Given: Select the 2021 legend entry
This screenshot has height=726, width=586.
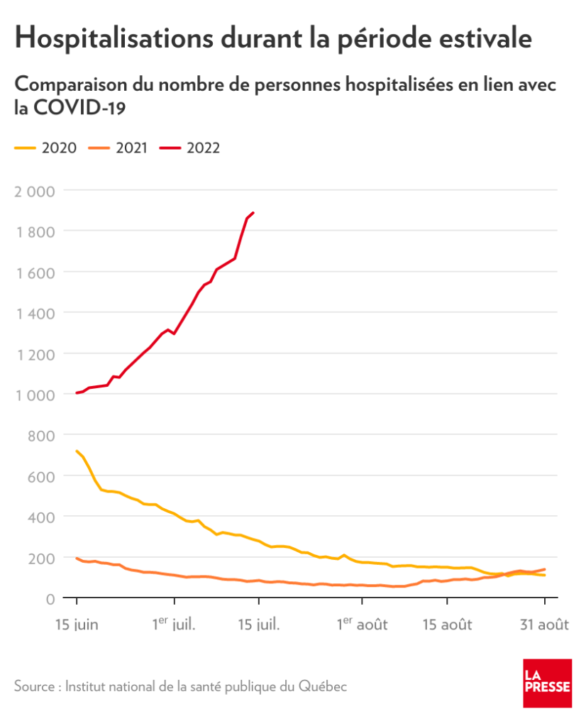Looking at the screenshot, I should click(x=118, y=148).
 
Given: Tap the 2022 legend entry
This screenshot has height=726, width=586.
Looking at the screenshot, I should click(x=191, y=148).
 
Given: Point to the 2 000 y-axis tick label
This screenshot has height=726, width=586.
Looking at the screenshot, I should click(x=35, y=190).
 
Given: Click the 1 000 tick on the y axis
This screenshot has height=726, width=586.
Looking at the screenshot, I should click(x=35, y=395).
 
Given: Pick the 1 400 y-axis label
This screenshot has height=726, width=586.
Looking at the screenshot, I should click(x=35, y=313).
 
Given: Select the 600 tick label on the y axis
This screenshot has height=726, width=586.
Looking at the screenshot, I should click(x=42, y=476).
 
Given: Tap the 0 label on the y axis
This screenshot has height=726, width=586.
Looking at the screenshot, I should click(x=50, y=599).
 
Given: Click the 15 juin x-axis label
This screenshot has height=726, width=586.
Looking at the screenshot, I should click(x=77, y=625).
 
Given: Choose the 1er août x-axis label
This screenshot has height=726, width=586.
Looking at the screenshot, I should click(x=362, y=625).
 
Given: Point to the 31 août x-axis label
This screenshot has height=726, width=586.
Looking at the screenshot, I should click(x=543, y=625).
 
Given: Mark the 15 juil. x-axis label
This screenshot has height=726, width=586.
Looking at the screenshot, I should click(x=259, y=625).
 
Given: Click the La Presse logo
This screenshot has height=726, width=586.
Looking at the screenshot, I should click(x=547, y=682).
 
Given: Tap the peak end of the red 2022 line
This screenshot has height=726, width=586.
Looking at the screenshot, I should click(x=254, y=212).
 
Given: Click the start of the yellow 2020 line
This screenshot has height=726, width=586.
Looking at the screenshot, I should click(x=77, y=451).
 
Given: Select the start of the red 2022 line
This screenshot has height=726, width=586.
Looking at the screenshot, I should click(x=77, y=392).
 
